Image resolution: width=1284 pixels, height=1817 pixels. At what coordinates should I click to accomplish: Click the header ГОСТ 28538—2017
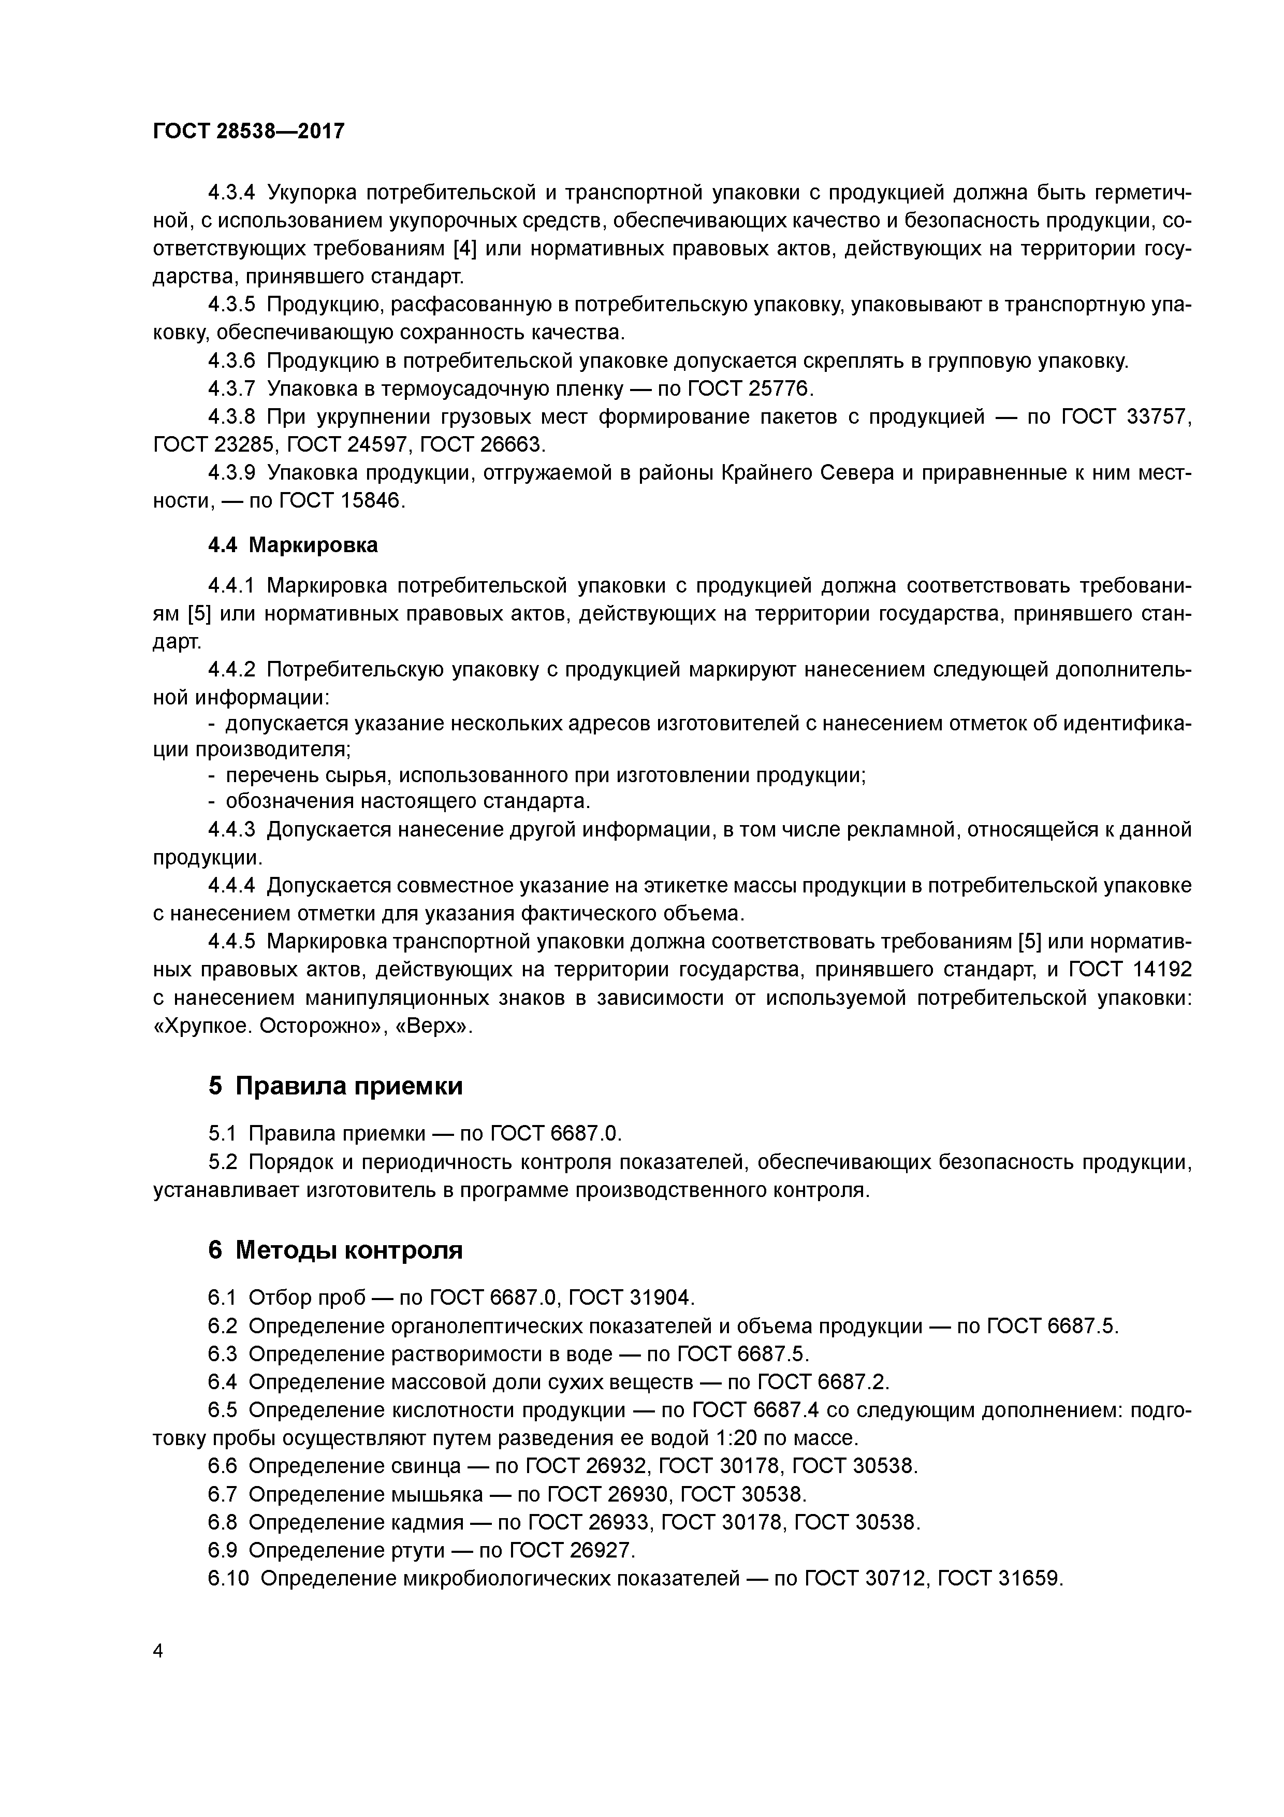[249, 131]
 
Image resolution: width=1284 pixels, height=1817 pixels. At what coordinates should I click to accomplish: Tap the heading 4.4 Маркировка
[293, 545]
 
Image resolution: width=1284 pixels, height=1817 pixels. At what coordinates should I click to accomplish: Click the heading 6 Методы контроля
[335, 1250]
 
